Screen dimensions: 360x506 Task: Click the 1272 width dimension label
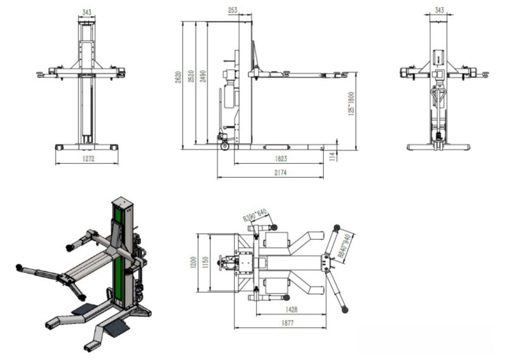tap(88, 159)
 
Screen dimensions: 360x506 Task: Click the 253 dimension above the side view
tap(233, 10)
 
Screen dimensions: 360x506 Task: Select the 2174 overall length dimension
tap(279, 173)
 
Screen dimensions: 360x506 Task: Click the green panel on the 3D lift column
tap(117, 253)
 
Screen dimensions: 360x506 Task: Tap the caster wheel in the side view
tap(223, 147)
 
